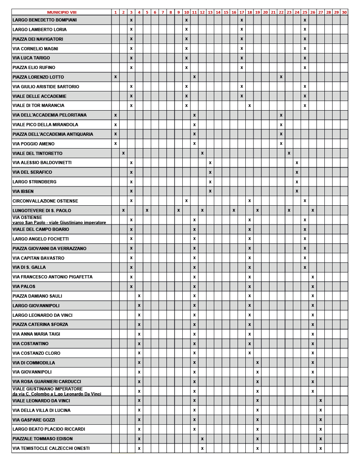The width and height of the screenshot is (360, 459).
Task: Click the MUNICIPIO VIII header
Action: tap(62, 12)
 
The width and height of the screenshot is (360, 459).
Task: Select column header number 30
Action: tap(344, 12)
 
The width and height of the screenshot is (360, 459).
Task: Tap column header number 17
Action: tap(241, 12)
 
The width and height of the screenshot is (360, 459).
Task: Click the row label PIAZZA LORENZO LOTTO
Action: tap(38, 77)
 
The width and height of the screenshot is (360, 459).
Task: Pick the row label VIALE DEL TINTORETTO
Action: tap(37, 153)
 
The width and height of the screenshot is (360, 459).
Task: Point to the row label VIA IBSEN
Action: tap(23, 191)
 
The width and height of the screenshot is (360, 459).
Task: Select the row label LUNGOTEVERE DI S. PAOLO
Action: tap(42, 210)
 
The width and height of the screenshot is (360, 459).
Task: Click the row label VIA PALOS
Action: tap(24, 287)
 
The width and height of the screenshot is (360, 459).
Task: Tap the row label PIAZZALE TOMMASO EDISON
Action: tap(42, 439)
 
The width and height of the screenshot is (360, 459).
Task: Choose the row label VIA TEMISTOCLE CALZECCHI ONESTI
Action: tap(51, 448)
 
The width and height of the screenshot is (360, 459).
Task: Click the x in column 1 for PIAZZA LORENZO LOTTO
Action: tap(116, 77)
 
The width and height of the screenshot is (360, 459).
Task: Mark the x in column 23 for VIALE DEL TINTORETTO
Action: tap(289, 153)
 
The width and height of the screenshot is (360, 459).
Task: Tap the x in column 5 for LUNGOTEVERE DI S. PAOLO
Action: tap(147, 210)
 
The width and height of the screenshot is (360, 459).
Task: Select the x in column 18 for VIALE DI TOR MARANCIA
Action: tap(249, 106)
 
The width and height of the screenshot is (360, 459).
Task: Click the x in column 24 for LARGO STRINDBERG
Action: tap(297, 182)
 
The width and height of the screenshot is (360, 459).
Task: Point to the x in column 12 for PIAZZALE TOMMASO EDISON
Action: tap(202, 439)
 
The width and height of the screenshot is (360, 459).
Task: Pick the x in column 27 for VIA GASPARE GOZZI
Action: tap(321, 420)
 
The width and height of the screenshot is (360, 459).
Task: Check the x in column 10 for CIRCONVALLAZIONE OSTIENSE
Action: tap(186, 201)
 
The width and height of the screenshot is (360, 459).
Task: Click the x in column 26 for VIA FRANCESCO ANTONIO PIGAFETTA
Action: tap(312, 277)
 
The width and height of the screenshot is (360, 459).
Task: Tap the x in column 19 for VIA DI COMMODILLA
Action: tap(257, 363)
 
